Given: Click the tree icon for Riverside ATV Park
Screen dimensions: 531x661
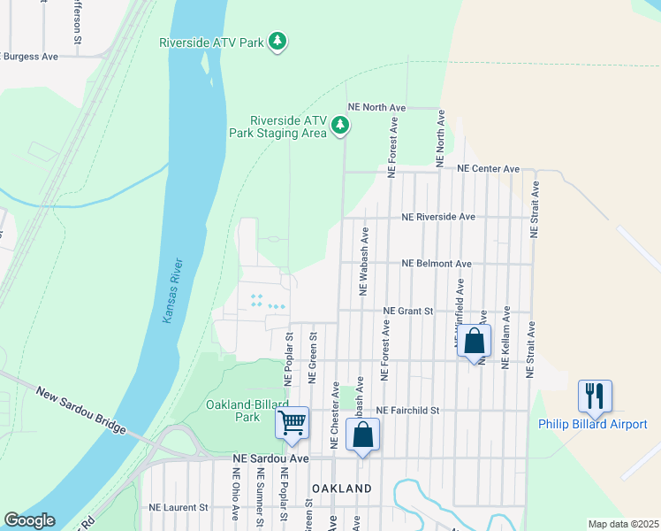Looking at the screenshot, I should point(278,42).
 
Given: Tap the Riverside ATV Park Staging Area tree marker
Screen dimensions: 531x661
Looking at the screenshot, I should point(340,127).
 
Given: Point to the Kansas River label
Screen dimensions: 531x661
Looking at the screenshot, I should point(173,290).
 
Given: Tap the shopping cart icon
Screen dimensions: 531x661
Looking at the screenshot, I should point(292,424).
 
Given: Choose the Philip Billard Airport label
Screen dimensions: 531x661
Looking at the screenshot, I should point(593,424).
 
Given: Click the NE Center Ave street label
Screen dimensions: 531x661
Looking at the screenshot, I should point(488,168).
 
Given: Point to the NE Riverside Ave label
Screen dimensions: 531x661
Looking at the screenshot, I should point(438,216).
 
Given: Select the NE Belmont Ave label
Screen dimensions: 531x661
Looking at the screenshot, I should point(437,263).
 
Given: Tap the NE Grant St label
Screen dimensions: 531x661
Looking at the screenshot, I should point(408,311).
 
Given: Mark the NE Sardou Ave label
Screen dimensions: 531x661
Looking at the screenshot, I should point(270,458).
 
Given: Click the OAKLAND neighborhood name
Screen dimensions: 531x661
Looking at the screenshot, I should point(341,489).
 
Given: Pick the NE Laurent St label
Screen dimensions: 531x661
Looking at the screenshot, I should point(178,507).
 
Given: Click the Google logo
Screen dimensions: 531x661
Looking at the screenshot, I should point(29,520).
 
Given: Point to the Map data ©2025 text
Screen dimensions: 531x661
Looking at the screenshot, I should point(622,524).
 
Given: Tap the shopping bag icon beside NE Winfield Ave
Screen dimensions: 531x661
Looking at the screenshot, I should point(475,341).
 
